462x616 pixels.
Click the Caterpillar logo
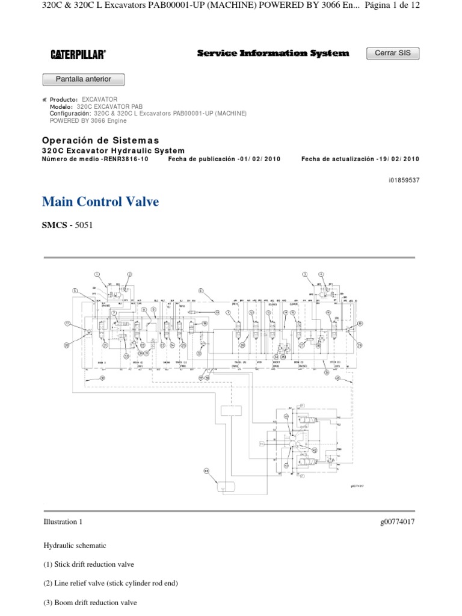pyautogui.click(x=78, y=54)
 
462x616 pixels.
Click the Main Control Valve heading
pyautogui.click(x=100, y=202)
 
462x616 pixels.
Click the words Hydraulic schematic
pyautogui.click(x=75, y=546)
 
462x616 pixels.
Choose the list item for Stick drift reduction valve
pyautogui.click(x=88, y=564)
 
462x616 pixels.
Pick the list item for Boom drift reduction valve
pyautogui.click(x=90, y=602)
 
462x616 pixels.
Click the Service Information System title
pyautogui.click(x=273, y=54)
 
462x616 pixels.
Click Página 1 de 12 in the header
pyautogui.click(x=392, y=5)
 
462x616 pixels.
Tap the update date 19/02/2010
pyautogui.click(x=397, y=159)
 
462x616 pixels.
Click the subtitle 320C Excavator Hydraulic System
pyautogui.click(x=113, y=150)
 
